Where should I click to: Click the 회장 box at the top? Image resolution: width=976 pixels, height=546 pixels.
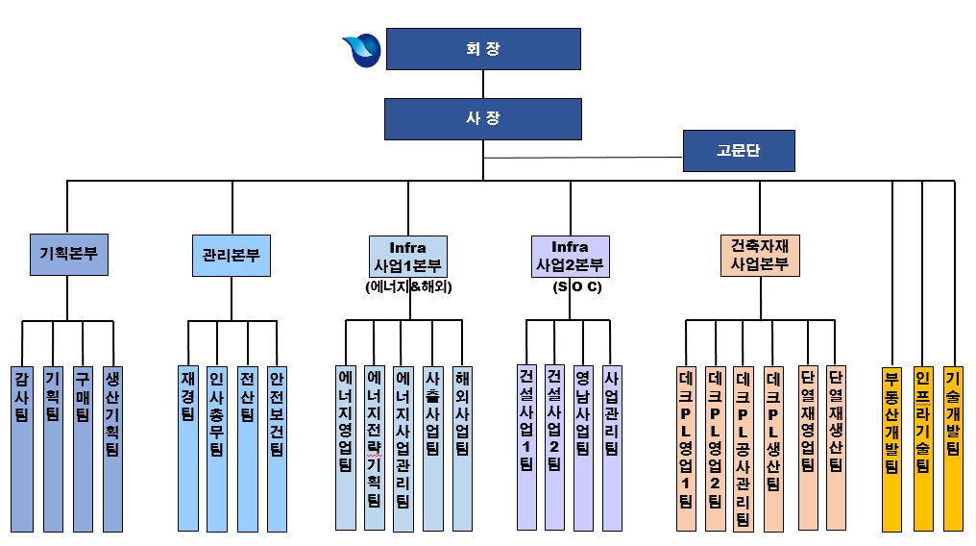coord(482,49)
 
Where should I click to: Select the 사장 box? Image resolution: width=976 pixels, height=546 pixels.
coord(482,118)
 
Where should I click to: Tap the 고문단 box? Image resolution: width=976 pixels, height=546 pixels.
coord(740,151)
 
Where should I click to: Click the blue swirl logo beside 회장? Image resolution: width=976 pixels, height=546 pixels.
coord(362,50)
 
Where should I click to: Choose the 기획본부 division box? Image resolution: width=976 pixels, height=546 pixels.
coord(67,255)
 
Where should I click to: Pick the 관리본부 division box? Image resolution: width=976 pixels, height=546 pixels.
coord(231,257)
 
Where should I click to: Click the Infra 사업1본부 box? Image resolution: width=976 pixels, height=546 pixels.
coord(408,257)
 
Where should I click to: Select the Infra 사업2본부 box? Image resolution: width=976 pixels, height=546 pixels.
coord(570,257)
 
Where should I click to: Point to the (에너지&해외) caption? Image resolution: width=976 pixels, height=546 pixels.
coord(408,286)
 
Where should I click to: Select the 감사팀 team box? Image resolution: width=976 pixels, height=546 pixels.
coord(22,448)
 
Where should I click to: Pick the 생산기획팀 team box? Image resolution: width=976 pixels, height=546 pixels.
coord(112,448)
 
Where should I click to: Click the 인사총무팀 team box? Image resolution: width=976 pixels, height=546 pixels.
coord(217,448)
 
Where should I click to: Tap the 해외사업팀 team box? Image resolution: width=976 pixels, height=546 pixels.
coord(462,448)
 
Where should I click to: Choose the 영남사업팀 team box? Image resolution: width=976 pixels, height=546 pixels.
coord(581,447)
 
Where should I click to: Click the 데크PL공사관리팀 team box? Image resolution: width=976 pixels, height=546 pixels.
coord(743,448)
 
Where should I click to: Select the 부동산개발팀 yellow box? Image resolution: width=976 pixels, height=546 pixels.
coord(891,448)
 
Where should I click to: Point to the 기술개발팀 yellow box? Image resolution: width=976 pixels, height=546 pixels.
coord(953,448)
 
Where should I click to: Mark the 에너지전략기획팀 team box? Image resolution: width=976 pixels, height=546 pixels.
coord(374,447)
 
